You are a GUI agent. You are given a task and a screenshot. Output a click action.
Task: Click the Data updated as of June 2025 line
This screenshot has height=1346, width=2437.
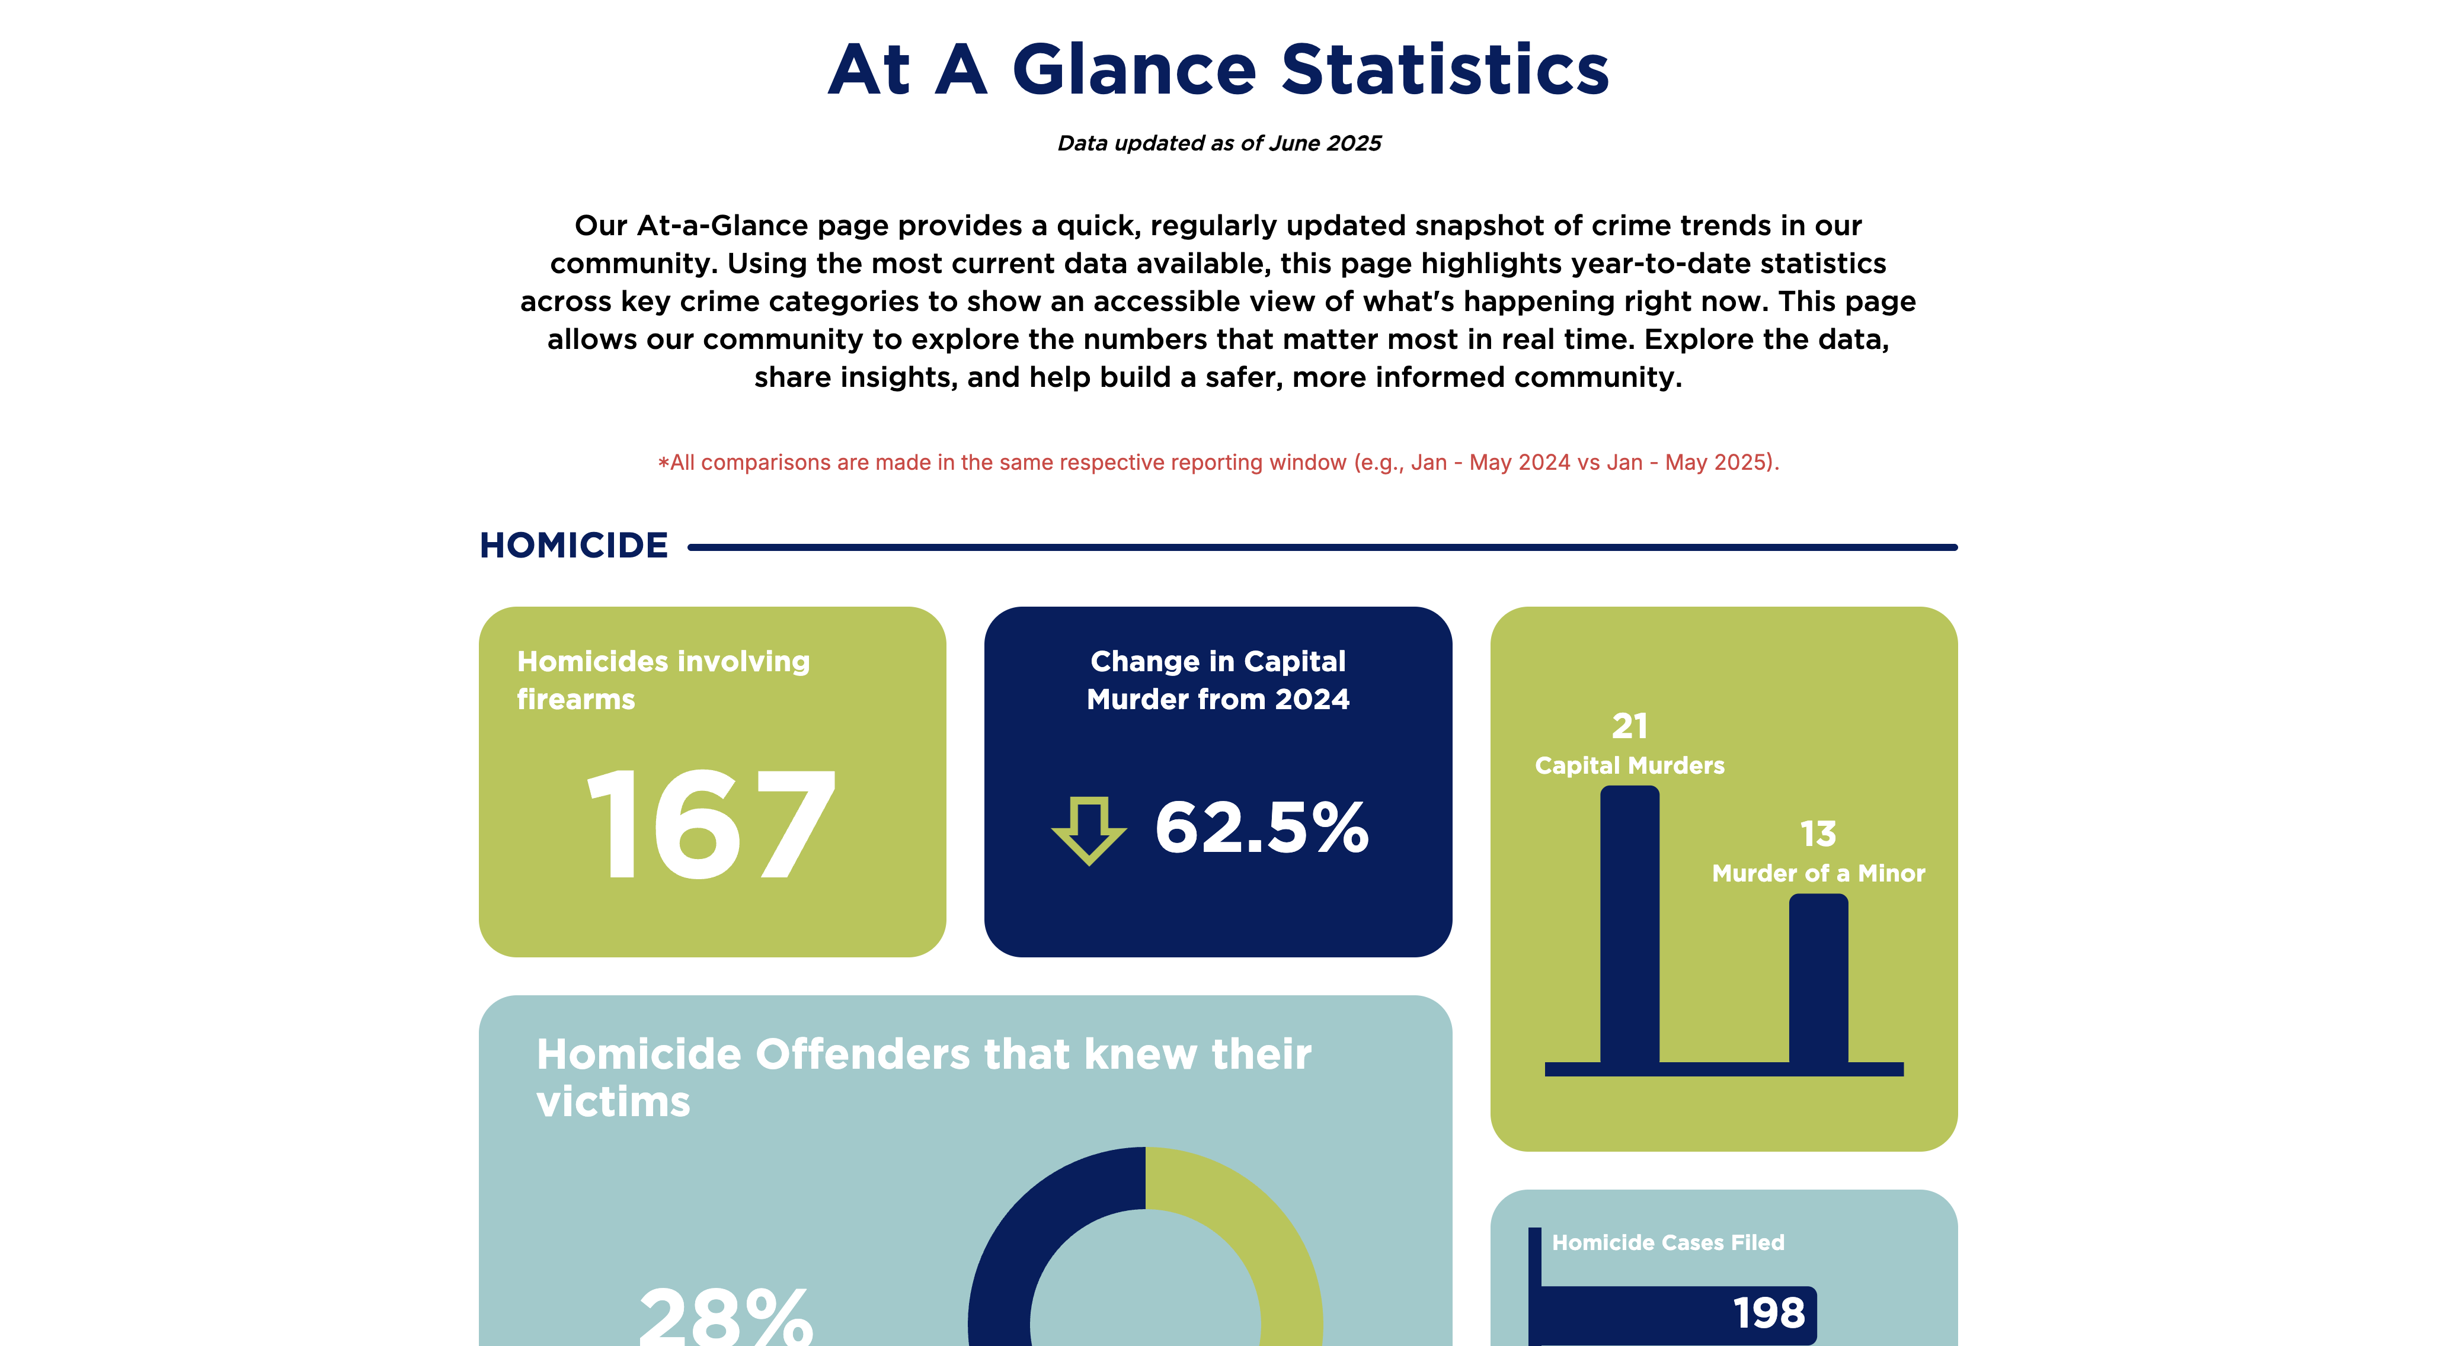click(x=1218, y=143)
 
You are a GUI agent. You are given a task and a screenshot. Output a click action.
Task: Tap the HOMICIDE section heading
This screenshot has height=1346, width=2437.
click(x=573, y=546)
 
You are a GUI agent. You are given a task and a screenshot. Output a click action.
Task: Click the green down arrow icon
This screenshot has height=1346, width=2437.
click(x=1089, y=829)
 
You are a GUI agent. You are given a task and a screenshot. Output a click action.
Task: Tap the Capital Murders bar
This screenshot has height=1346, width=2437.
click(x=1629, y=927)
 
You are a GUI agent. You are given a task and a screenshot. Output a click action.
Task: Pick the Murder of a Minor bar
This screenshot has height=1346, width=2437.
click(x=1817, y=979)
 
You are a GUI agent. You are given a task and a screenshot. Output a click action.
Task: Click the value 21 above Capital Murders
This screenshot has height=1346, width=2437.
click(x=1629, y=726)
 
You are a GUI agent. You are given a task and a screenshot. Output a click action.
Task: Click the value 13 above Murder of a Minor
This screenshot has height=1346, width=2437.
click(x=1817, y=834)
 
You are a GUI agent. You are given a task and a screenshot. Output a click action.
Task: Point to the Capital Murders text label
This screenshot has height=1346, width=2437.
click(x=1629, y=765)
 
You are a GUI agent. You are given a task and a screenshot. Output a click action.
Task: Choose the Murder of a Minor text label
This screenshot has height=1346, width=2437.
click(x=1817, y=873)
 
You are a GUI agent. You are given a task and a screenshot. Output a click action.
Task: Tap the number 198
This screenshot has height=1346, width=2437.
click(x=1768, y=1313)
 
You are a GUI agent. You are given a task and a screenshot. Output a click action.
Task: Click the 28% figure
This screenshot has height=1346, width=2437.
click(x=725, y=1317)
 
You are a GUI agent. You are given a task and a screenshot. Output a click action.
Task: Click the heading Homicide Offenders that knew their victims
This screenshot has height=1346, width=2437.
click(x=922, y=1078)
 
